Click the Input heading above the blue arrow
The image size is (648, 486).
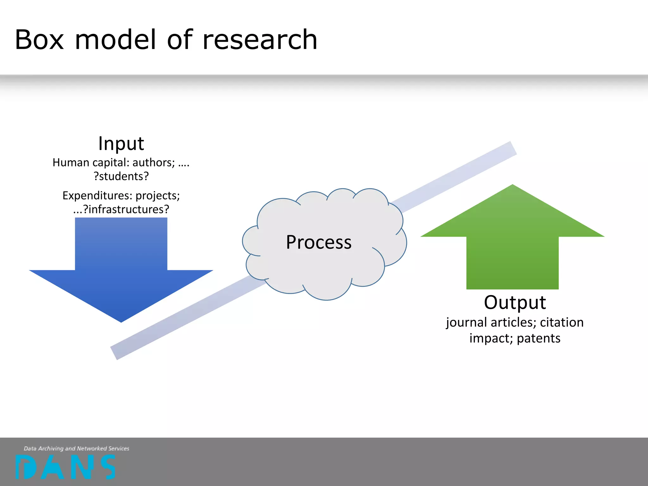pos(121,143)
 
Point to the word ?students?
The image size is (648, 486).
pos(121,176)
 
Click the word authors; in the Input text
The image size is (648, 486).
pos(153,163)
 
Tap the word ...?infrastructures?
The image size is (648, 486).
pos(121,209)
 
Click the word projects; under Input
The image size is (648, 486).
pos(158,196)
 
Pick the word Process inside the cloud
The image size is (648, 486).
pos(319,242)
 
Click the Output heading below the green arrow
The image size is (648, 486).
pos(515,302)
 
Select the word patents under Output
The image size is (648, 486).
pos(539,339)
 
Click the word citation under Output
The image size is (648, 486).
pos(562,322)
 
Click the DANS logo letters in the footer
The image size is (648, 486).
pos(65,467)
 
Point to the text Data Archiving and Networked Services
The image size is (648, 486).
pos(77,448)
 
